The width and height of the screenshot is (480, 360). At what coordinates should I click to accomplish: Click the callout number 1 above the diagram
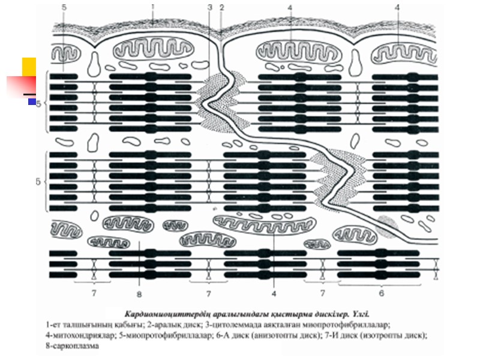point(153,7)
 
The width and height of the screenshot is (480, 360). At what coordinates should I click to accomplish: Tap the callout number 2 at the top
point(222,8)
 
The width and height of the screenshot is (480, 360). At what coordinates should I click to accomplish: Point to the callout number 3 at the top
point(209,8)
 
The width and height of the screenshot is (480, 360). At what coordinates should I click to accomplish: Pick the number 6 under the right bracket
point(381,293)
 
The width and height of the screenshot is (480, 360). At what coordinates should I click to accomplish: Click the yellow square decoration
point(29,66)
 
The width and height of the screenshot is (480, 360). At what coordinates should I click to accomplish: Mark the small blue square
point(32,102)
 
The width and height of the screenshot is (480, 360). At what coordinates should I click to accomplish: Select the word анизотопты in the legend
point(310,335)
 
